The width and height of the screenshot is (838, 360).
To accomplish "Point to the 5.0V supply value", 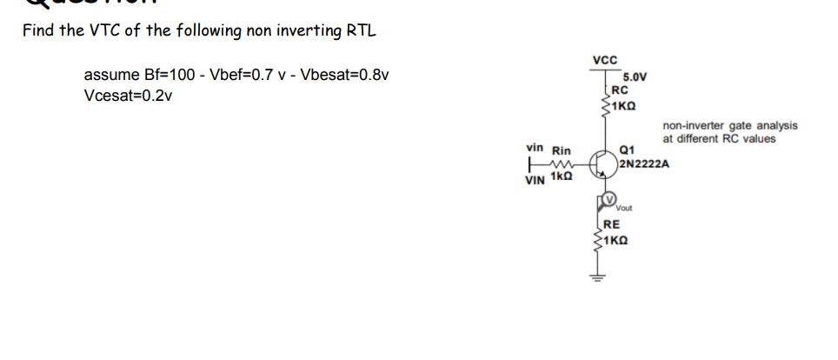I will [x=635, y=77].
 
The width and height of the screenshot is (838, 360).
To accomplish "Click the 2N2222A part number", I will [x=644, y=161].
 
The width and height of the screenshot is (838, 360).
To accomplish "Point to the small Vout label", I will [x=624, y=209].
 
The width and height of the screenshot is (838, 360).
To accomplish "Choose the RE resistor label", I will [x=611, y=223].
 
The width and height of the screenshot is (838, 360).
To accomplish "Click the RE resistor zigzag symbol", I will [x=599, y=239].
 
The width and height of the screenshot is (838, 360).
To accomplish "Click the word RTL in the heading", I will [x=362, y=31].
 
